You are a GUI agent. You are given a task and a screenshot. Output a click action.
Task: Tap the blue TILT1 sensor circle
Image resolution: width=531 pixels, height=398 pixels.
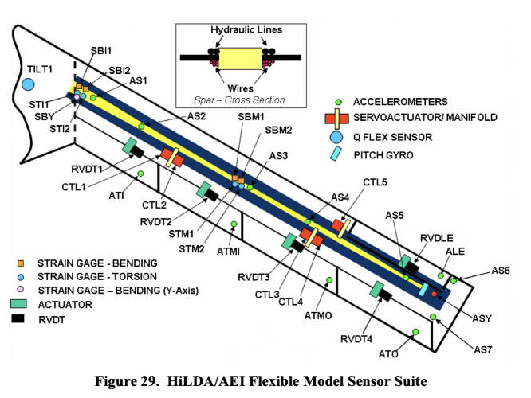[29, 84]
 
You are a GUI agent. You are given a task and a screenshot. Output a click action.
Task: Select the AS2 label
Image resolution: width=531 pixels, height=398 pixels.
[196, 116]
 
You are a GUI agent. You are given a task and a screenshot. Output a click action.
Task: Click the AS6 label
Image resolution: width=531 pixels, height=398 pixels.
[500, 271]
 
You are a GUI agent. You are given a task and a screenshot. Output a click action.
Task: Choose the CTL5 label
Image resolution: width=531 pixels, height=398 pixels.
[375, 183]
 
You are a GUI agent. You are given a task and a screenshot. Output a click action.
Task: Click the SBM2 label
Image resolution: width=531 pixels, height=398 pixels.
[278, 130]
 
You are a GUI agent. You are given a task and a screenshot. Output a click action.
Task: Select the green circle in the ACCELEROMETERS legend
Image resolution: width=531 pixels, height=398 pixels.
[338, 102]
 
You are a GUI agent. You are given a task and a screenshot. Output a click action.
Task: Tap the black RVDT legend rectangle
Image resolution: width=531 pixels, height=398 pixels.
[23, 318]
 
